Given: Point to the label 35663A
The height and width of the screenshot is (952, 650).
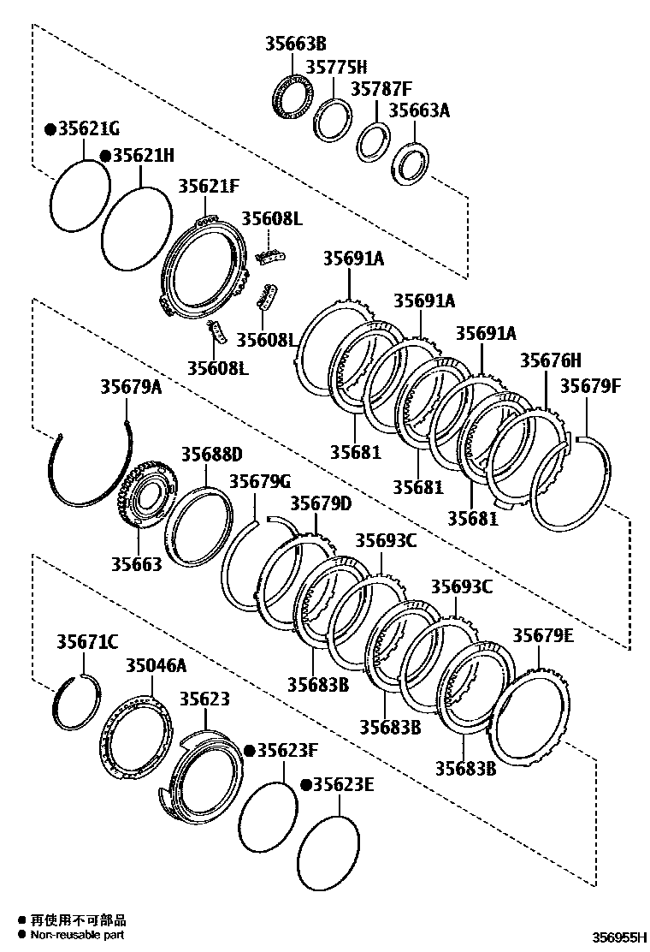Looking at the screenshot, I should click(419, 110).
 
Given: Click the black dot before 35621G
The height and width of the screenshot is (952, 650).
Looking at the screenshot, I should click(50, 129).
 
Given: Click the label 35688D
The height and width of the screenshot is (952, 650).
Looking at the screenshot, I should click(211, 454).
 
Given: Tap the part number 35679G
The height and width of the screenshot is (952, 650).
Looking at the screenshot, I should click(260, 481).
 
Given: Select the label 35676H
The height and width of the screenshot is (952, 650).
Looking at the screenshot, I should click(550, 360).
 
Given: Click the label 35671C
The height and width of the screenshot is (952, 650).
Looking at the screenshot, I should click(87, 641).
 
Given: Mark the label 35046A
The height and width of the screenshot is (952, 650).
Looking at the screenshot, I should click(156, 665).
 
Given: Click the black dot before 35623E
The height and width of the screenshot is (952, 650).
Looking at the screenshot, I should click(305, 784).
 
